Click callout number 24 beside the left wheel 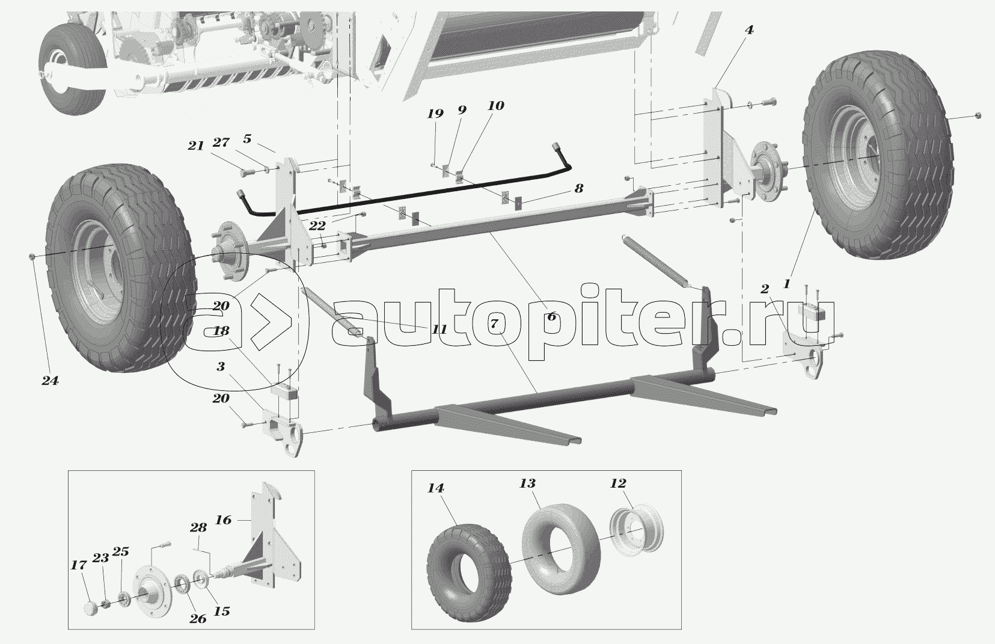[x=50, y=381]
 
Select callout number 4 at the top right [x=749, y=30]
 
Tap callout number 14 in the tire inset [x=436, y=488]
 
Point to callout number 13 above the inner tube [x=527, y=483]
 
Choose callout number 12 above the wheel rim [x=618, y=483]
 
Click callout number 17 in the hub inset [x=79, y=565]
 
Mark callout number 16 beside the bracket [x=224, y=520]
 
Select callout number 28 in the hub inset [x=198, y=527]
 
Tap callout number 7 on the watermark [x=494, y=324]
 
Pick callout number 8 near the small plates [x=578, y=188]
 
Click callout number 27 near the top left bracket [x=221, y=142]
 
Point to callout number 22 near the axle [x=317, y=225]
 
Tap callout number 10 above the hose [x=496, y=106]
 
